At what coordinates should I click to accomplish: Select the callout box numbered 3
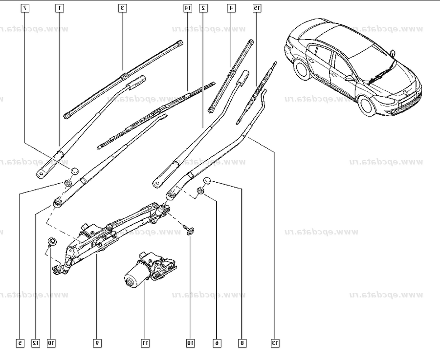click(123, 8)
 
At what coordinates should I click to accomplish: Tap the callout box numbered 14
click(188, 8)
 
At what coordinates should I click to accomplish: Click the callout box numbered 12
click(35, 343)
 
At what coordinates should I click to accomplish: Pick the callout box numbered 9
click(97, 343)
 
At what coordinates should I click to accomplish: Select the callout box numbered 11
click(145, 343)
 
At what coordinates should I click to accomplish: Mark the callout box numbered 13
click(275, 343)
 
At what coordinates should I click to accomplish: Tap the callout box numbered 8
click(242, 343)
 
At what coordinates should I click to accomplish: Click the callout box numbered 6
click(217, 343)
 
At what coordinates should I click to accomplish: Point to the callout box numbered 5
click(20, 343)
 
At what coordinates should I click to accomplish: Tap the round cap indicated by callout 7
click(74, 171)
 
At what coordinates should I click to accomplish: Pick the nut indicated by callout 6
click(200, 191)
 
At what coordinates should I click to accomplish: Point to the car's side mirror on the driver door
click(349, 78)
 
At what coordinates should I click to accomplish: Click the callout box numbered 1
click(59, 8)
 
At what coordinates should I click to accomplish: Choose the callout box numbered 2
click(203, 8)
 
